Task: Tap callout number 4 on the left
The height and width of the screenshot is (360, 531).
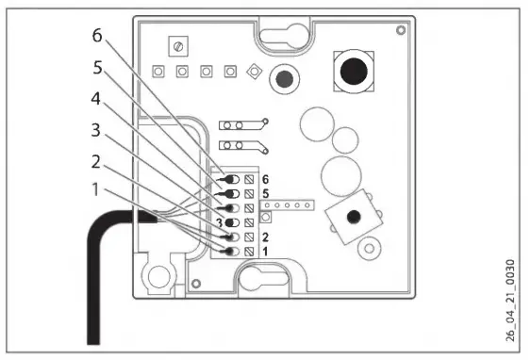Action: point(94,97)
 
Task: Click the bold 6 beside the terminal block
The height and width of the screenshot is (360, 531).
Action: point(265,178)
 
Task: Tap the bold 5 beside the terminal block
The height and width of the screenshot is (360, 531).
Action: point(265,193)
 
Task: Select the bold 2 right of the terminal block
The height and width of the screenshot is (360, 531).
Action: point(265,237)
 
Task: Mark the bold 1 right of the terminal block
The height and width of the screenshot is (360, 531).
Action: point(265,252)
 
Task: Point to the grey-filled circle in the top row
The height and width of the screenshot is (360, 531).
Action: point(281,76)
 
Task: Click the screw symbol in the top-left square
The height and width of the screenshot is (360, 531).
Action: point(175,45)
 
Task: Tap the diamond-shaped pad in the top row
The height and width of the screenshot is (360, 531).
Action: point(253,72)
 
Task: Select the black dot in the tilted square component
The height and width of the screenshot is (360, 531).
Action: point(352,217)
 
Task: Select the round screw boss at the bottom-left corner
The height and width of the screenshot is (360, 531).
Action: point(156,275)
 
